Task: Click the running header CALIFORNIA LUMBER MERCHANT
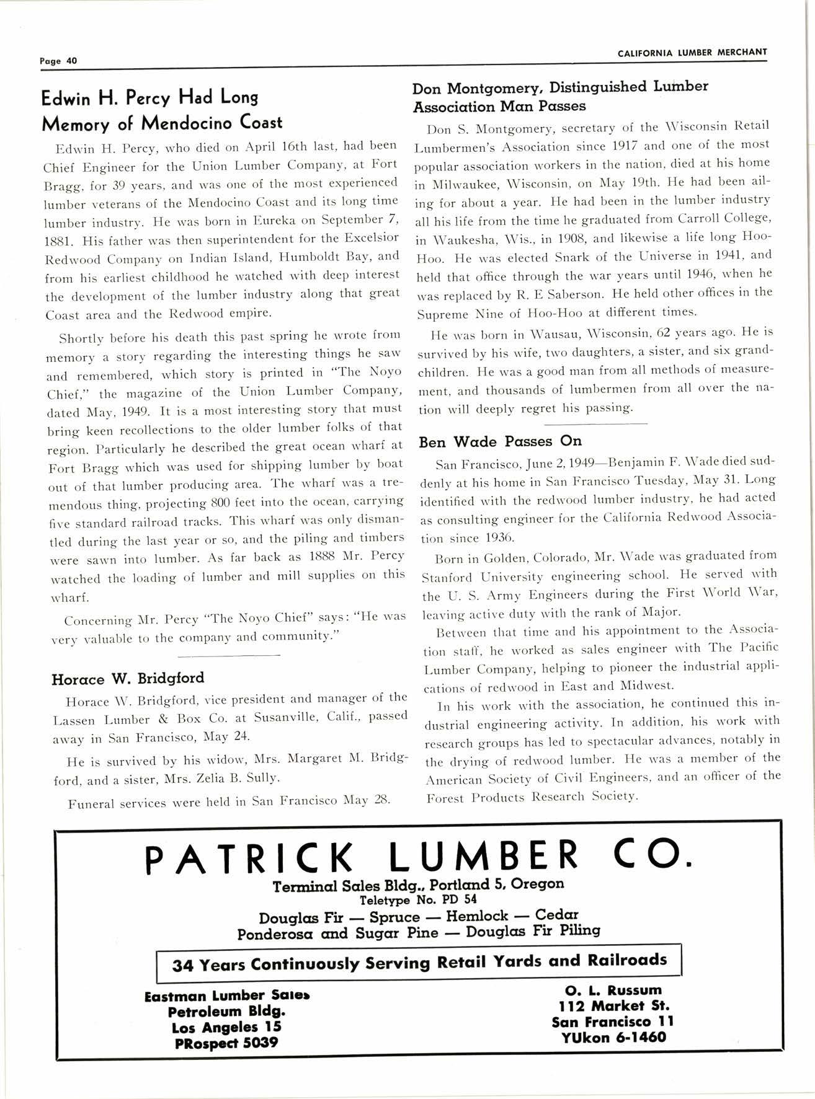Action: click(692, 53)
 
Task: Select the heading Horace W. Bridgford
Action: click(128, 678)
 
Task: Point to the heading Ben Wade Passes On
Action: click(501, 441)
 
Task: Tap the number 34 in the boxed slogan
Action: click(184, 966)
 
